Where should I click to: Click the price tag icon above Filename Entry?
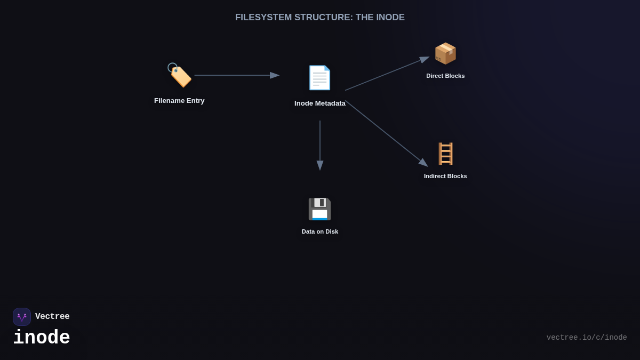pos(179,75)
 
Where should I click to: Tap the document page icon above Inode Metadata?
pos(319,78)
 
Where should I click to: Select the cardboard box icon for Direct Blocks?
pos(445,53)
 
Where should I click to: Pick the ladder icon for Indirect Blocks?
pos(445,154)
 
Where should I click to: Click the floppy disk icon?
pos(319,209)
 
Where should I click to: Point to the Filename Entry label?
pos(179,101)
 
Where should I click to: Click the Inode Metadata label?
pos(320,103)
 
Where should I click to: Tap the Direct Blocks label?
pos(445,76)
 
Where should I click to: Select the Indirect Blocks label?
pos(445,176)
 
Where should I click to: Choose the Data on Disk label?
pos(320,231)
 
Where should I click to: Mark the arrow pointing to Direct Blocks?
pos(387,74)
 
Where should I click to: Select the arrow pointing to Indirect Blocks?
pos(386,133)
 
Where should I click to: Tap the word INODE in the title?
pos(390,18)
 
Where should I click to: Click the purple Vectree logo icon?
pos(22,317)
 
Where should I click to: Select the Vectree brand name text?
pos(52,317)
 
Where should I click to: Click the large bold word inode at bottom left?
pos(42,338)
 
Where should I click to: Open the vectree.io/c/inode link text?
pos(587,338)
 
